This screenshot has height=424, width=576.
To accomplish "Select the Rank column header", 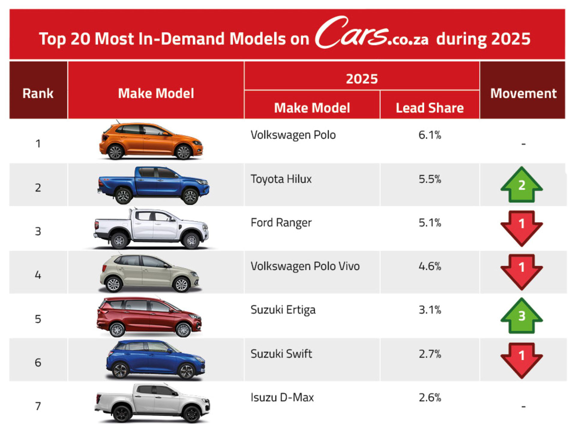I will (38, 93).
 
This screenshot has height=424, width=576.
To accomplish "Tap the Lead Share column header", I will (429, 108).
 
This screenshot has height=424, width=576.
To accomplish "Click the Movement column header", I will (523, 93).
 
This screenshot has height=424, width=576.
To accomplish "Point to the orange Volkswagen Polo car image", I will (151, 141).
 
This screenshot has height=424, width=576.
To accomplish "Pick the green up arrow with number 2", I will (521, 185).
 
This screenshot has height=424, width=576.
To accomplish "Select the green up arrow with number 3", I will (521, 315).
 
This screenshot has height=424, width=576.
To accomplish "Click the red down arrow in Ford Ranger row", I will (521, 227).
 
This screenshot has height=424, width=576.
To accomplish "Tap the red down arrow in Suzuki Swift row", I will (521, 359).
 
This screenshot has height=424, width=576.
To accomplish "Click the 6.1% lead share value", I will (430, 135).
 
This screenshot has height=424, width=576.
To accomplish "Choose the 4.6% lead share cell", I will (430, 266).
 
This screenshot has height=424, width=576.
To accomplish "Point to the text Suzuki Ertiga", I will (283, 310).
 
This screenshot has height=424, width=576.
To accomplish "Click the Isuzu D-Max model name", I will (282, 397).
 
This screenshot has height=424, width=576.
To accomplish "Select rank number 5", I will (38, 319).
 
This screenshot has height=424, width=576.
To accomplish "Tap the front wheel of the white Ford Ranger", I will (191, 240).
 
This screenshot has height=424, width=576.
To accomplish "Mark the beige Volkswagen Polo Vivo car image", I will (149, 273).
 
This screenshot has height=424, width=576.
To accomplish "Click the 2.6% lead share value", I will (430, 398).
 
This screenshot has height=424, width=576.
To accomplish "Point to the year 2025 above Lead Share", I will (361, 79).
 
